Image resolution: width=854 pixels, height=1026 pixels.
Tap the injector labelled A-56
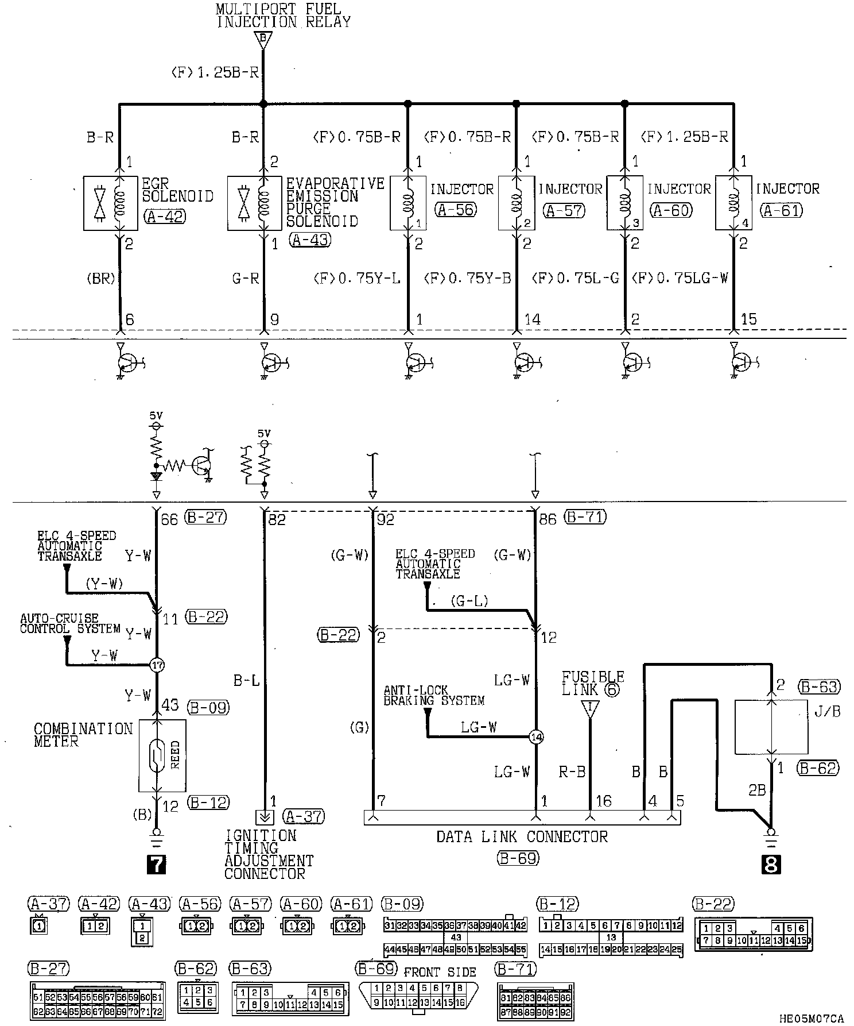click(408, 203)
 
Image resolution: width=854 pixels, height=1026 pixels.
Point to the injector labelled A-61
click(733, 203)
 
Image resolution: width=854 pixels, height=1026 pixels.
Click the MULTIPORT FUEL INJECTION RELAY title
click(282, 16)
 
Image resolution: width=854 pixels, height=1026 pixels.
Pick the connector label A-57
click(564, 210)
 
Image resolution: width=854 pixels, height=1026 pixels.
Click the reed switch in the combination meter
click(162, 755)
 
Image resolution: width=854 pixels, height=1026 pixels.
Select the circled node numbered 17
click(157, 665)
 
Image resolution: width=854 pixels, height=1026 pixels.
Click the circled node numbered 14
click(535, 737)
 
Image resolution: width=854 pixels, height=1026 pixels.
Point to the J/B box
click(771, 727)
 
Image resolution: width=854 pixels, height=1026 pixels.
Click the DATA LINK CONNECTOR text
click(522, 836)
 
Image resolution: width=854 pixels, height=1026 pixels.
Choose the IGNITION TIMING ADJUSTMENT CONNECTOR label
click(269, 854)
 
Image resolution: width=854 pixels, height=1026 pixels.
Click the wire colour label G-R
click(246, 279)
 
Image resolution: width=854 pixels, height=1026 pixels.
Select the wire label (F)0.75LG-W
click(680, 279)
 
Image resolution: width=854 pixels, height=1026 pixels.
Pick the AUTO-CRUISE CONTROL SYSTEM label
click(70, 623)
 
